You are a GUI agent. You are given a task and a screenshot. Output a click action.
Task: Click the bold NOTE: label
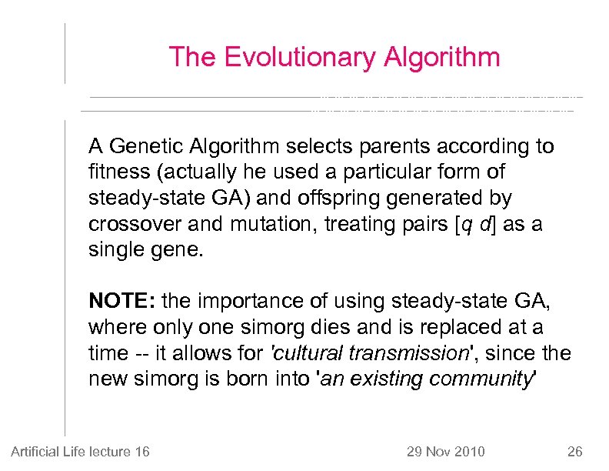pos(118,301)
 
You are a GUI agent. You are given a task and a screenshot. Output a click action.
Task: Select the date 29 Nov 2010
pos(445,451)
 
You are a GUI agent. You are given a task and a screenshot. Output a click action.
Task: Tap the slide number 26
pos(575,451)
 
